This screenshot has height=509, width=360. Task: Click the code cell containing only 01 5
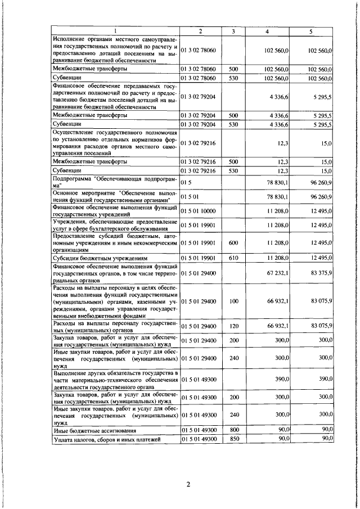point(184,182)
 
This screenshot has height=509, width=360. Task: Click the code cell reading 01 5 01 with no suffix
point(188,197)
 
